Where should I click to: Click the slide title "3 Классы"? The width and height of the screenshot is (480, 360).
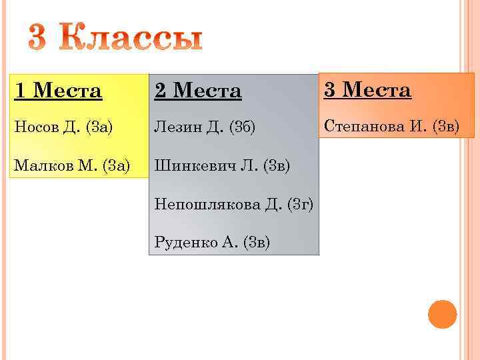point(115,39)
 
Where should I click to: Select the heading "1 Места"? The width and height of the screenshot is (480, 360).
point(58,90)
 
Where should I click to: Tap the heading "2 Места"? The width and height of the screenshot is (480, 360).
point(197,91)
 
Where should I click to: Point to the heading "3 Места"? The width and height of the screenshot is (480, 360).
point(367,90)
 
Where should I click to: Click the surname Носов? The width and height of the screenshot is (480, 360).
point(36,127)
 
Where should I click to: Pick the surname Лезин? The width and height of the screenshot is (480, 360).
point(175,127)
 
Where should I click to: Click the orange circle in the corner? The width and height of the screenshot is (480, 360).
point(442,314)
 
